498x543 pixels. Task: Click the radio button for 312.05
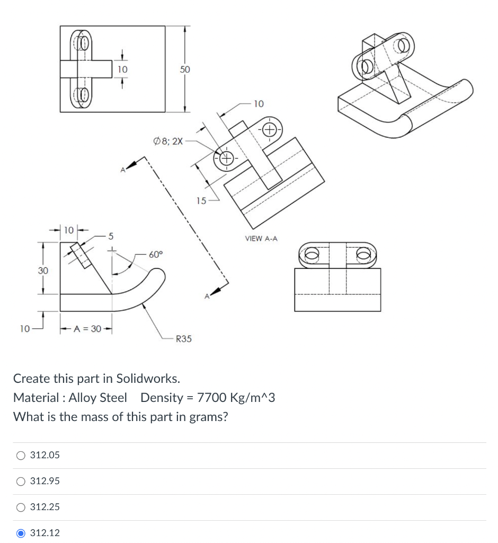click(21, 455)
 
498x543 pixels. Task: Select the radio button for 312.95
click(21, 481)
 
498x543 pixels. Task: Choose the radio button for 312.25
click(21, 507)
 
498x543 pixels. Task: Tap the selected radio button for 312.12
click(21, 533)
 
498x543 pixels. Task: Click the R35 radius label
click(183, 339)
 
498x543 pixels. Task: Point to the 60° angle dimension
click(156, 255)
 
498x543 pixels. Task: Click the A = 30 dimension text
click(87, 329)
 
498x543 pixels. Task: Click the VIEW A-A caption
click(261, 239)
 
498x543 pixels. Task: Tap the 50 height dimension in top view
click(184, 69)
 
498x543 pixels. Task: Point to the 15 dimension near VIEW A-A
click(201, 201)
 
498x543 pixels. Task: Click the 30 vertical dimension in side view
click(42, 270)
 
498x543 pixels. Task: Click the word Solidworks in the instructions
click(148, 379)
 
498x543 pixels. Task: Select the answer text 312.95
click(45, 481)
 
